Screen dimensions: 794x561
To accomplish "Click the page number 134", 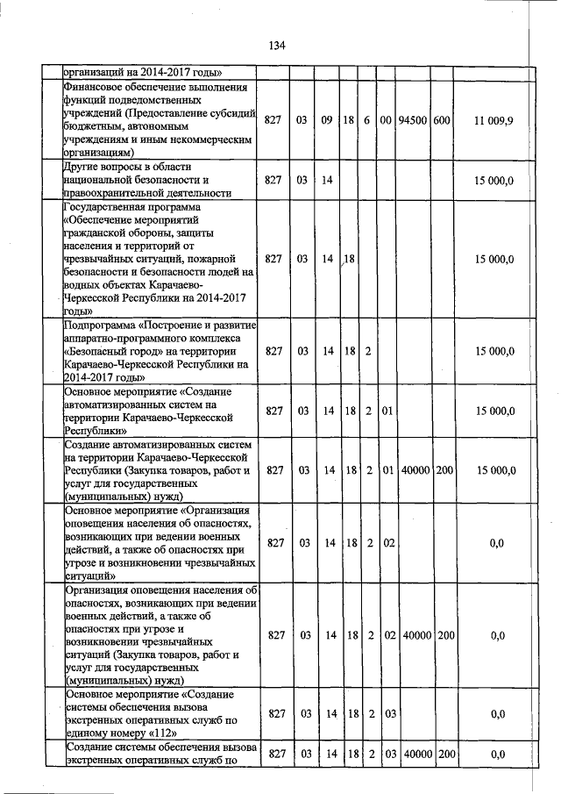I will [x=280, y=46].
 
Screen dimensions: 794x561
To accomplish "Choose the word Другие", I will [x=82, y=166].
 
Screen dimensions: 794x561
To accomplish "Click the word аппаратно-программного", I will [x=126, y=340].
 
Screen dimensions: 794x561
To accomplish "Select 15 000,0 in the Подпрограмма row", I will [x=496, y=352].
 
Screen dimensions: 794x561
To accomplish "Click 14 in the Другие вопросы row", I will [x=327, y=180].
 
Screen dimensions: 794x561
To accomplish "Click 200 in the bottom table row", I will [x=444, y=754].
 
